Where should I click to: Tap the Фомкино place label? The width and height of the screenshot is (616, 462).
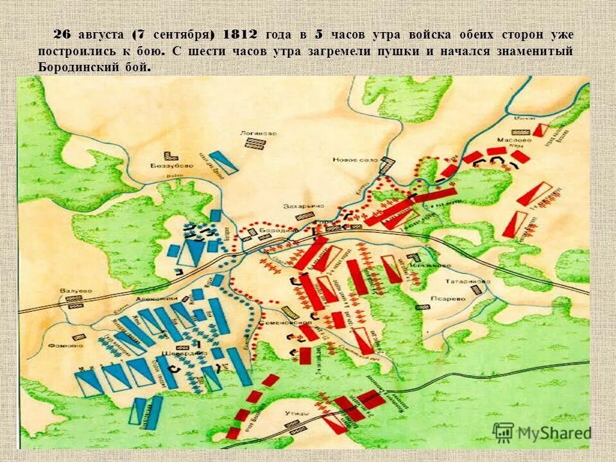click(65, 345)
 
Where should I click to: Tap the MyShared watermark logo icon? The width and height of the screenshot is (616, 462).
click(503, 432)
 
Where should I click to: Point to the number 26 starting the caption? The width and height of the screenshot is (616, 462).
click(62, 35)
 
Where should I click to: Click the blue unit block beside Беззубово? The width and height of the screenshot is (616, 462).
click(224, 162)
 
